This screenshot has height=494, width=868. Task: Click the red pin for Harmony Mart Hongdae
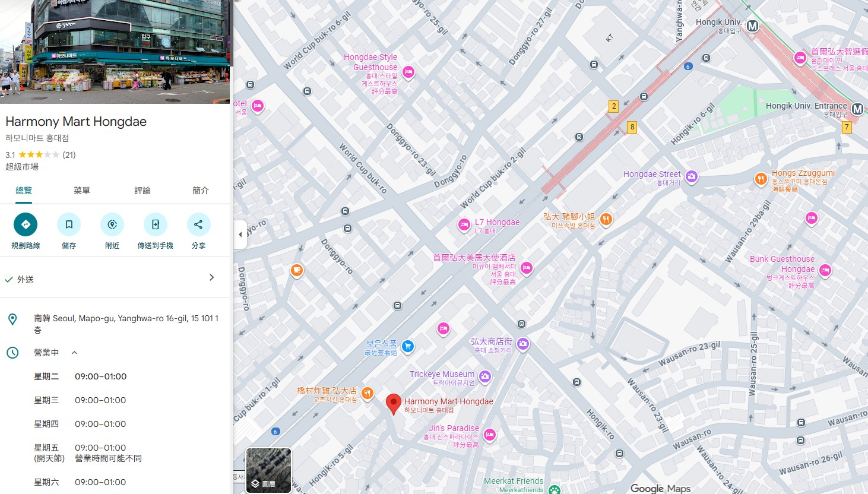coord(393,403)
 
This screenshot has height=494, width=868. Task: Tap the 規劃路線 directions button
coord(26,224)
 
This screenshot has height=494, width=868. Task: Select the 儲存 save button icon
coord(69,224)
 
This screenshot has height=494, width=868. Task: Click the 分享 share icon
coord(198,224)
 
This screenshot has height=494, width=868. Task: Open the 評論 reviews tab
coord(142,191)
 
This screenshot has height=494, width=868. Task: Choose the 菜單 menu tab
coord(82,191)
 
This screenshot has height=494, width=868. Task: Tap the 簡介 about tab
coord(201,191)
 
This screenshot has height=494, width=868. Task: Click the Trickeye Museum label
coord(442,374)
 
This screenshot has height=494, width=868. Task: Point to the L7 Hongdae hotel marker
coord(464,225)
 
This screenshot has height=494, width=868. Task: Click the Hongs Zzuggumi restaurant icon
coord(761,179)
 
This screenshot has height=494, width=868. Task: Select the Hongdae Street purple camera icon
coord(691,176)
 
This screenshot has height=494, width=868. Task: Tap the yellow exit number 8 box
coord(632,126)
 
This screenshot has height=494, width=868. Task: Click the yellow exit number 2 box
coord(614,106)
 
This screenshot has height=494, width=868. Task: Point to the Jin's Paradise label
coord(454,428)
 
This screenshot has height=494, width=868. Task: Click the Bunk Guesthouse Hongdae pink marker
coord(825,271)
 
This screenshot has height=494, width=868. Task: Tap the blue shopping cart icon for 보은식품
coord(407,346)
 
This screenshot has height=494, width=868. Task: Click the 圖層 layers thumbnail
coord(268,470)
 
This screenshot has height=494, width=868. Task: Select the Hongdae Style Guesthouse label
coord(370,62)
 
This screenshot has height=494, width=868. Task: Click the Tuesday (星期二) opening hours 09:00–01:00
coord(100,376)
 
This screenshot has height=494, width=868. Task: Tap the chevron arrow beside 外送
coord(211,277)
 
